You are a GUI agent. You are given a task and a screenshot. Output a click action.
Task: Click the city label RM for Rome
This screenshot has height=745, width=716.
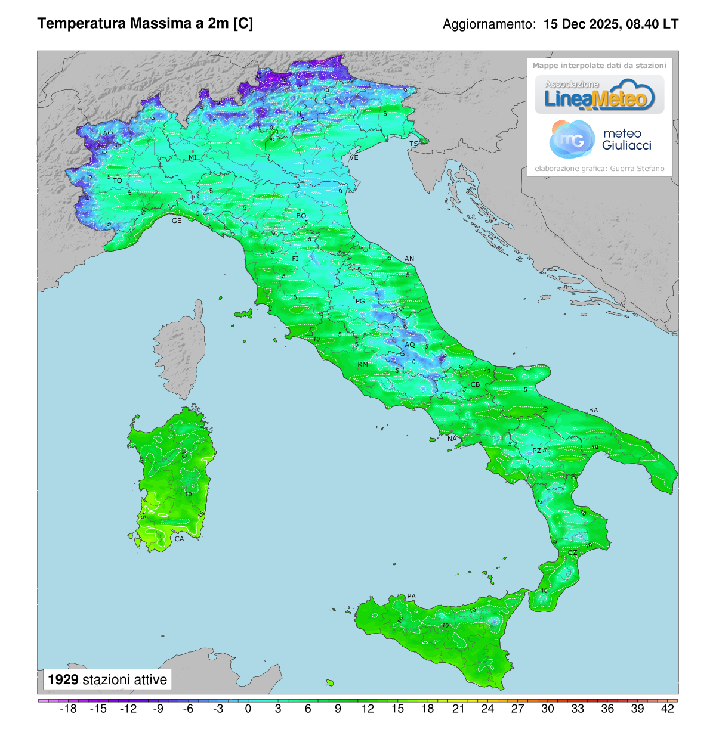363,364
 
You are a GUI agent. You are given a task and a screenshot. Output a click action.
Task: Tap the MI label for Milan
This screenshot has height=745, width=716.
193,157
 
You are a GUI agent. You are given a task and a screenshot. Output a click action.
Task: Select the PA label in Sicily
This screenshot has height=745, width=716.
411,596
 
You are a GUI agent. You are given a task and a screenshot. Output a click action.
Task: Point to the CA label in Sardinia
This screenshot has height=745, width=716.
179,539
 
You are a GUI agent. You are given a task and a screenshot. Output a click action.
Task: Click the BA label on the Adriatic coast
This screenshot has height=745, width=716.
593,410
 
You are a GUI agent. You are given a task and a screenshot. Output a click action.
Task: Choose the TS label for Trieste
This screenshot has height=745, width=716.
413,144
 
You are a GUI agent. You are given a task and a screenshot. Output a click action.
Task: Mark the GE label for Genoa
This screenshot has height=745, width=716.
177,221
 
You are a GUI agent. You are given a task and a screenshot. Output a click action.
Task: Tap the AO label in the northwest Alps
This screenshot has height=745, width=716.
108,133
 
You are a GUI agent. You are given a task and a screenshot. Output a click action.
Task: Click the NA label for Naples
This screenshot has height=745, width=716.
452,439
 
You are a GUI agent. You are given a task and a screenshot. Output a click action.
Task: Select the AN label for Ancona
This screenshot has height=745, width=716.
409,259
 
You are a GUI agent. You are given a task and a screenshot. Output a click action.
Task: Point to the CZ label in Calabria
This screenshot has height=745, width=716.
572,552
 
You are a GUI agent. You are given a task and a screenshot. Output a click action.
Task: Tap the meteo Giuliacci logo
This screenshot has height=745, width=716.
600,139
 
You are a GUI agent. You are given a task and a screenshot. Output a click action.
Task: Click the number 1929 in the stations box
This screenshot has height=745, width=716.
63,679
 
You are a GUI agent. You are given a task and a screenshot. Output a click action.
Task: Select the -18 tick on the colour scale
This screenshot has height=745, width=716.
69,709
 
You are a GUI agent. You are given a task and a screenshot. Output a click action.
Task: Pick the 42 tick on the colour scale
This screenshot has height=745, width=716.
668,709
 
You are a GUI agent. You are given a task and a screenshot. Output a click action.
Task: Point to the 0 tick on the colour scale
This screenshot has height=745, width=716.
248,709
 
